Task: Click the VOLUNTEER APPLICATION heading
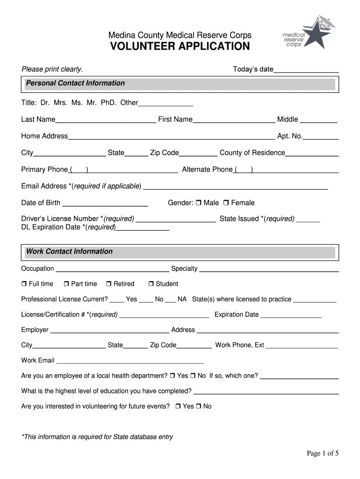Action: (x=180, y=46)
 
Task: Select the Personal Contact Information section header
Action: (x=75, y=83)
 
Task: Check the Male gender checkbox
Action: (x=199, y=203)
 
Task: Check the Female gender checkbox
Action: (x=226, y=203)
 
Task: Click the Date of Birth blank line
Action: (x=105, y=204)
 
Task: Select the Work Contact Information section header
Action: (x=69, y=252)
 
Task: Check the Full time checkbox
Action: (x=24, y=284)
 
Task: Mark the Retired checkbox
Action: (x=109, y=284)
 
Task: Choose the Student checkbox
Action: (x=151, y=284)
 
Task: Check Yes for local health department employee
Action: (x=173, y=376)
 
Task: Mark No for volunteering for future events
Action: (x=199, y=407)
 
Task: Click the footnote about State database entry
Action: (x=97, y=437)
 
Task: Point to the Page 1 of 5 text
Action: (x=322, y=453)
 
